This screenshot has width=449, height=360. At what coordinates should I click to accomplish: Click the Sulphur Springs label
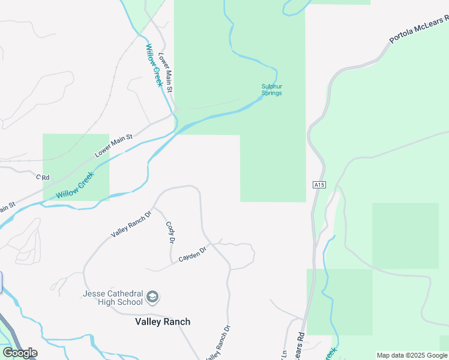tap(271, 89)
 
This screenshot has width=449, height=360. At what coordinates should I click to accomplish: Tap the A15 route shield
tap(319, 185)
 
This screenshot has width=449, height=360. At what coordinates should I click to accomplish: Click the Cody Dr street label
tap(170, 232)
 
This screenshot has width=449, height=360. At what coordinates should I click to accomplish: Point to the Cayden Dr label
tap(192, 253)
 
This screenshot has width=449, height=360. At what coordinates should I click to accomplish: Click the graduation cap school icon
tap(152, 296)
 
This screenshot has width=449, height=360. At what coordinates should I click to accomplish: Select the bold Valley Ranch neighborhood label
tap(162, 322)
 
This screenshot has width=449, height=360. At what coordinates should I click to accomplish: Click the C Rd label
tap(42, 177)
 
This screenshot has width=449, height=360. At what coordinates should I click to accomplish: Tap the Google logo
tap(19, 353)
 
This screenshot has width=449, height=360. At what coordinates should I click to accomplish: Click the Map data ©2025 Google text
tap(412, 355)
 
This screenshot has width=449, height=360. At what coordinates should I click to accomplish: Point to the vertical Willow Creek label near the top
tap(154, 65)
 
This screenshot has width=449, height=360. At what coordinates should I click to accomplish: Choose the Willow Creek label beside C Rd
tap(76, 186)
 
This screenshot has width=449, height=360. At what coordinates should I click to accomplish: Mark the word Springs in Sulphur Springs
tap(271, 93)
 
